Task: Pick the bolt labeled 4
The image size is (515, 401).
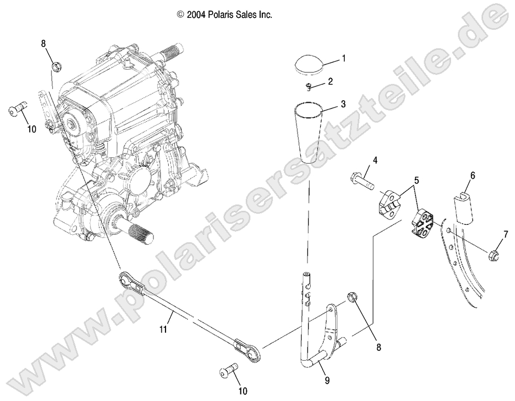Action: [361, 182]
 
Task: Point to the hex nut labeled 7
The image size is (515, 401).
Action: [494, 256]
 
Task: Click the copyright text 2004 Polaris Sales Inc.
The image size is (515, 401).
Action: [225, 15]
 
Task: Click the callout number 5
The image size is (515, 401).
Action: [417, 180]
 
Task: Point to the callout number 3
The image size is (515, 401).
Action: [343, 104]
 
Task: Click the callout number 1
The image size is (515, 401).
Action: [344, 59]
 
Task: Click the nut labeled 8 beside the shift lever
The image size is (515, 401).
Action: [352, 298]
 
